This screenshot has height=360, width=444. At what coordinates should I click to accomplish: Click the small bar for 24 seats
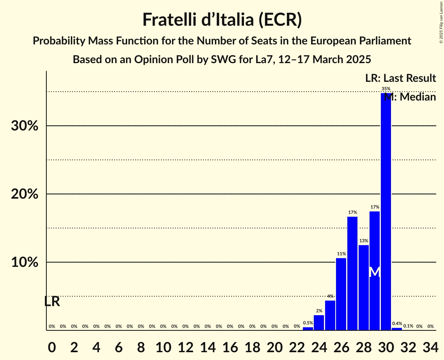click(319, 323)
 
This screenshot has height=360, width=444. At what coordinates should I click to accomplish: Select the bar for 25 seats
click(330, 315)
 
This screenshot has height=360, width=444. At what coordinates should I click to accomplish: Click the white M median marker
click(375, 272)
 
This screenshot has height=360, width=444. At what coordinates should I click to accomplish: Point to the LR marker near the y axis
click(52, 302)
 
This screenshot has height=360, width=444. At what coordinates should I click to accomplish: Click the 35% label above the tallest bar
click(386, 89)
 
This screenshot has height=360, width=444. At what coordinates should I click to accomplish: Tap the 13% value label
click(364, 241)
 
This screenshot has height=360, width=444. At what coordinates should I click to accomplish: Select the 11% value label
click(341, 254)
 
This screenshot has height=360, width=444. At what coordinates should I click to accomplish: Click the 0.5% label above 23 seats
click(308, 323)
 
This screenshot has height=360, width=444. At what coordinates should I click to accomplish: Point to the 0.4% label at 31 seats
click(397, 323)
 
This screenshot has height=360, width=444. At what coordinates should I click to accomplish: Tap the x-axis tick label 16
click(230, 346)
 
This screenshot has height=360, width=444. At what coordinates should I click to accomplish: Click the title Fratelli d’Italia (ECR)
click(222, 19)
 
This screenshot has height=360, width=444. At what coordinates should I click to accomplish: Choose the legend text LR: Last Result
click(400, 78)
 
